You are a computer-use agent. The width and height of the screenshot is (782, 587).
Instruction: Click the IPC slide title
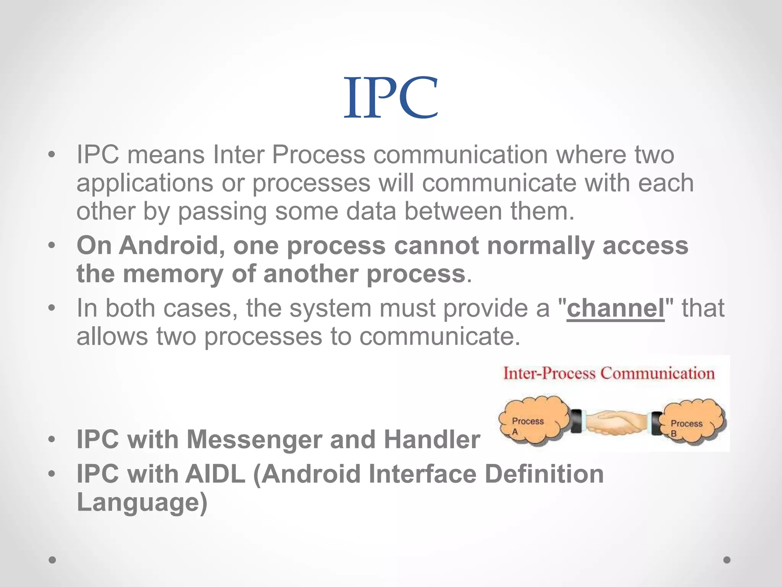(391, 97)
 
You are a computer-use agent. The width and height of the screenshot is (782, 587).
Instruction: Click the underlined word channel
(616, 308)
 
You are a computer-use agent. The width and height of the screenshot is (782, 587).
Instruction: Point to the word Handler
(431, 439)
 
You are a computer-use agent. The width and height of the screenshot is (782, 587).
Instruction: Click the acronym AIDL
(215, 474)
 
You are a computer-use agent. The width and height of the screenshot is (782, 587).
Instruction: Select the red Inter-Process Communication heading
(609, 373)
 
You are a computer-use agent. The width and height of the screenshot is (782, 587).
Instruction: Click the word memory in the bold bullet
(173, 274)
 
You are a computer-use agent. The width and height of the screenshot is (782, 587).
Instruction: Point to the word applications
(145, 183)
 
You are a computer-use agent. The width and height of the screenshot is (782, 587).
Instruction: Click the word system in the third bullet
(330, 308)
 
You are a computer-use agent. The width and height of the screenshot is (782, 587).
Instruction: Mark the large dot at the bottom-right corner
(727, 560)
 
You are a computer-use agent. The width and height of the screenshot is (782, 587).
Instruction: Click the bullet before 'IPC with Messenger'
(52, 440)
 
